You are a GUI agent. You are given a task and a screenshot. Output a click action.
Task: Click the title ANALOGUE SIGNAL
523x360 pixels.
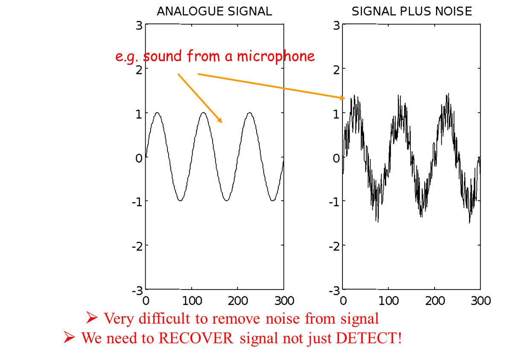pyautogui.click(x=214, y=12)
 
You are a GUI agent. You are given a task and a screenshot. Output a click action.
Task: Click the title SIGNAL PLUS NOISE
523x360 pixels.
pyautogui.click(x=412, y=12)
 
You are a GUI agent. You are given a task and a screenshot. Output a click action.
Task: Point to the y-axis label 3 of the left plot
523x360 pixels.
pyautogui.click(x=139, y=26)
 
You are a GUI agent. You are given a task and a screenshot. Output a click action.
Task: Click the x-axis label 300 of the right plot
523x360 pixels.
pyautogui.click(x=480, y=301)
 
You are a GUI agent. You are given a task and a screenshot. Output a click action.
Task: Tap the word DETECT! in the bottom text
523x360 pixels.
pyautogui.click(x=368, y=338)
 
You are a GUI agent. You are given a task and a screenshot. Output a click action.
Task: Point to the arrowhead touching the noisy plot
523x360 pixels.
pyautogui.click(x=342, y=98)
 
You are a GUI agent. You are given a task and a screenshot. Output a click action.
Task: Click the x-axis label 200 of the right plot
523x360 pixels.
pyautogui.click(x=435, y=301)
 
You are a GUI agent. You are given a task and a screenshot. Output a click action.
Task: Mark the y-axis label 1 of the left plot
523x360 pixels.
pyautogui.click(x=139, y=114)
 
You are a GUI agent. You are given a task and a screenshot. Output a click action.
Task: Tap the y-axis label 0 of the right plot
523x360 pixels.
pyautogui.click(x=336, y=158)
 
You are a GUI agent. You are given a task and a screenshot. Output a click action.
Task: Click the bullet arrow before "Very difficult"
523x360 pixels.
pyautogui.click(x=92, y=318)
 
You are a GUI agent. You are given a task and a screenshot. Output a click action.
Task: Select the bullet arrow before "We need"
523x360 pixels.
pyautogui.click(x=70, y=338)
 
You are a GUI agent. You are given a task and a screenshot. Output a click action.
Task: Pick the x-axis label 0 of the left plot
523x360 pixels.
pyautogui.click(x=146, y=301)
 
